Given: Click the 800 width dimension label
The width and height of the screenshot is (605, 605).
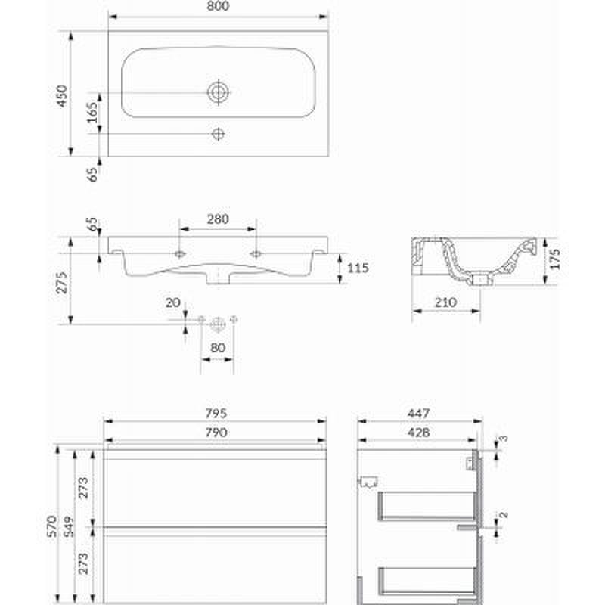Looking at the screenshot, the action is tap(218, 6).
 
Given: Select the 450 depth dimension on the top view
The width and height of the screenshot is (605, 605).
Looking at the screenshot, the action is tap(62, 96).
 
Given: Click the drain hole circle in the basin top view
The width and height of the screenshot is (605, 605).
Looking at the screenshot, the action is tap(219, 92).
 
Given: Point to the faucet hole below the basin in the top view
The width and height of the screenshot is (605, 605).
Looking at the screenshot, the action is tap(218, 134).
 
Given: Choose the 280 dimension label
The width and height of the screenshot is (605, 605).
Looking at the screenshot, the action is tap(218, 219).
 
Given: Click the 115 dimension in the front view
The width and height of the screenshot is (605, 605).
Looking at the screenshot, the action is tap(358, 268).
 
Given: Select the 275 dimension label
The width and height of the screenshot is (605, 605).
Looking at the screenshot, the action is tap(62, 283).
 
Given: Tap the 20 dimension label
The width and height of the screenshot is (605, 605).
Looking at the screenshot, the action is tap(173, 303).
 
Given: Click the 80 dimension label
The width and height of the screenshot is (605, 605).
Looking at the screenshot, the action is tap(218, 348).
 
